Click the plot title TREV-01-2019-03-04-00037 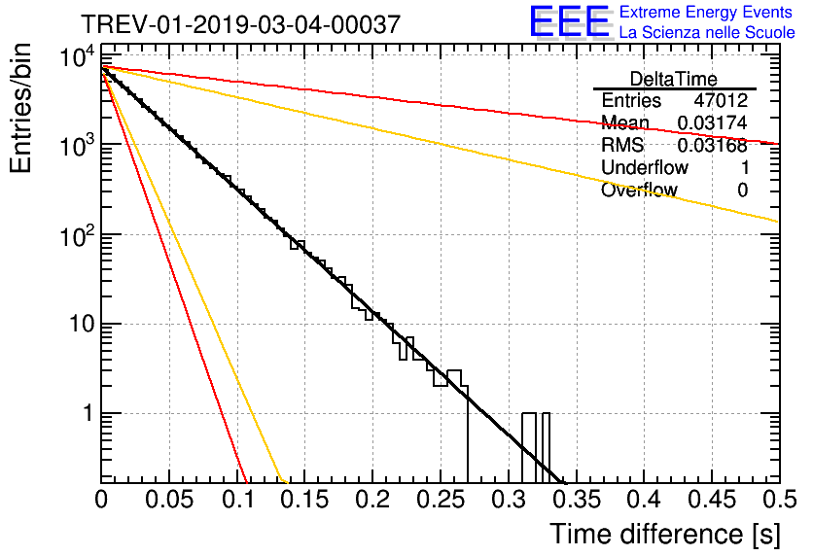tap(240, 24)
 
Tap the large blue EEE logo tap(569, 21)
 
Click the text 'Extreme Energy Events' tap(706, 12)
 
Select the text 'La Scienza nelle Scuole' tap(707, 32)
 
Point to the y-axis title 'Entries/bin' tap(21, 109)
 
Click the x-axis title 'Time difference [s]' tap(665, 534)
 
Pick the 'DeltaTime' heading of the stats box tap(674, 79)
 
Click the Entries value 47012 tap(721, 100)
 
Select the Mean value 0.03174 tap(713, 122)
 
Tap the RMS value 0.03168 tap(713, 145)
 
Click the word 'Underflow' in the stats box tap(645, 167)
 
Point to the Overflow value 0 tap(742, 190)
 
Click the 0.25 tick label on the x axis tap(441, 500)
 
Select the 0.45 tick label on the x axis tap(712, 500)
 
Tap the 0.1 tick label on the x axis tap(238, 500)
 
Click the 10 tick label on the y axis tap(82, 324)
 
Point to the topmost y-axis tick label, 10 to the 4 tap(78, 56)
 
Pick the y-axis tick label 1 tap(88, 413)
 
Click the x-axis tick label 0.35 tap(576, 500)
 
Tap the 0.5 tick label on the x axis tap(779, 500)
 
